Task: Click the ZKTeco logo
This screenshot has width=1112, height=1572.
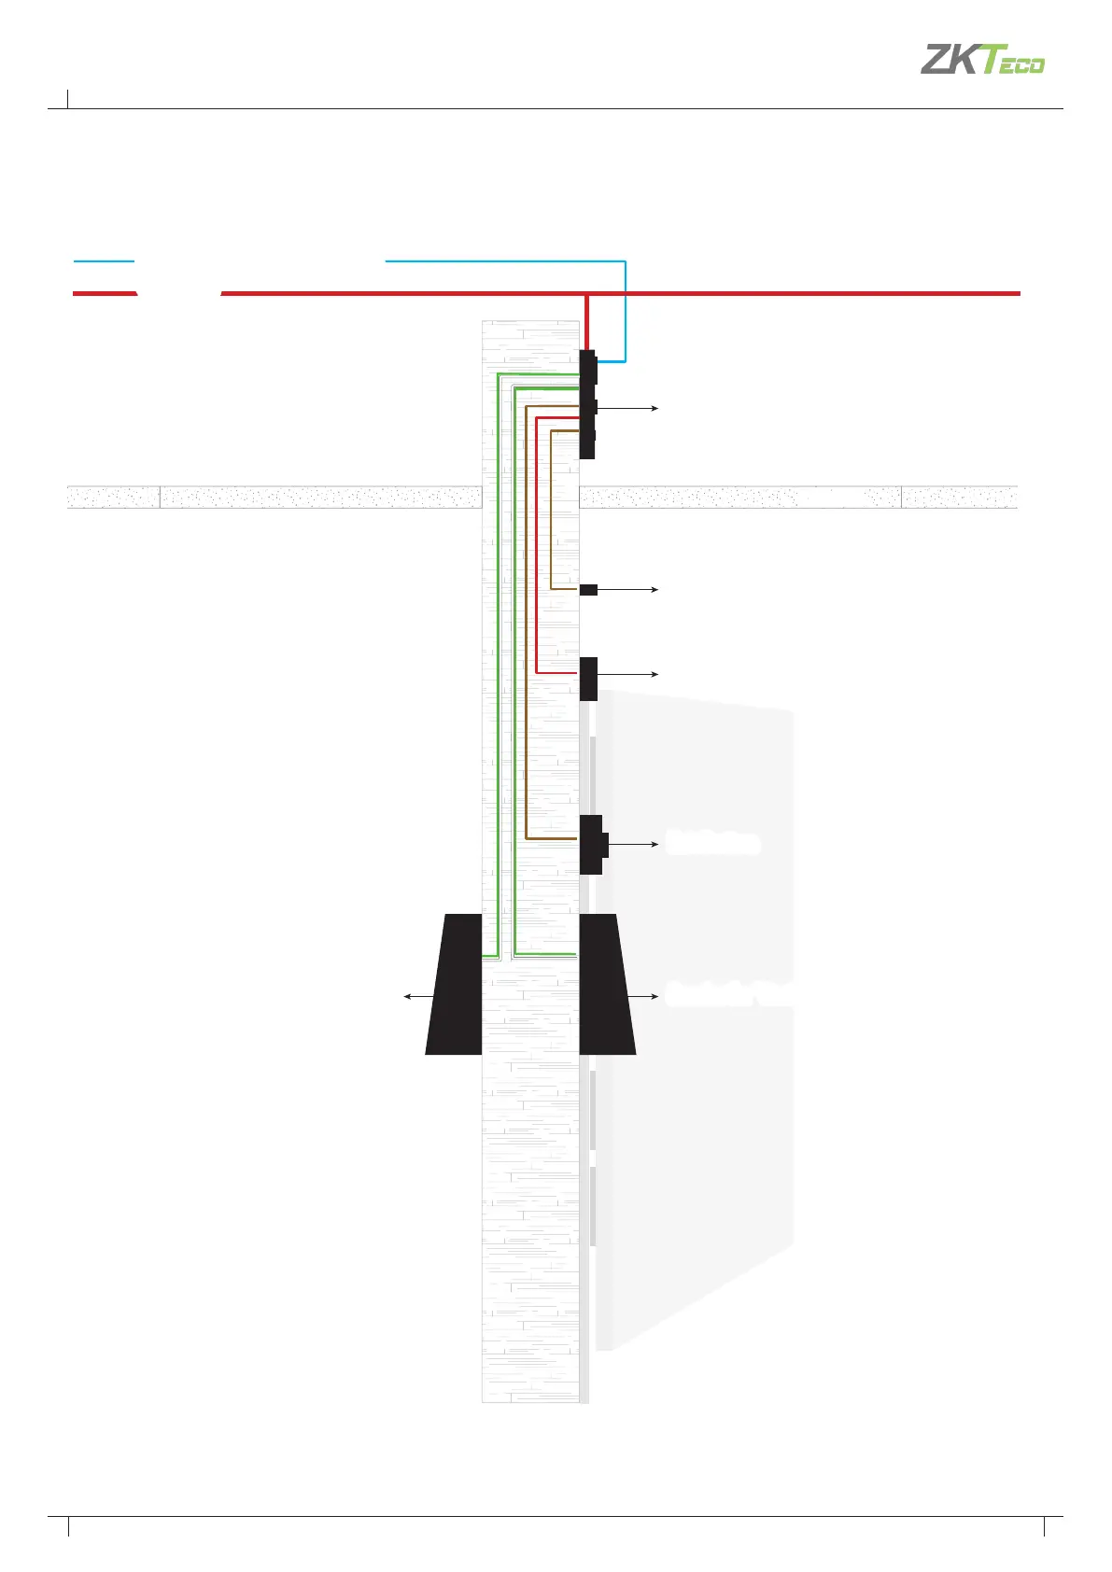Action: pyautogui.click(x=982, y=60)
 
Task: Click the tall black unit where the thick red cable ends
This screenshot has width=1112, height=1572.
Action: pyautogui.click(x=587, y=404)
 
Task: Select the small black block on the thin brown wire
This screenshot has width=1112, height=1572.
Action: pyautogui.click(x=588, y=590)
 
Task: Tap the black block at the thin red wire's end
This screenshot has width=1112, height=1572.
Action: pyautogui.click(x=588, y=679)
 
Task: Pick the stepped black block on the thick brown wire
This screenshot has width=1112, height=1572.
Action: pyautogui.click(x=592, y=844)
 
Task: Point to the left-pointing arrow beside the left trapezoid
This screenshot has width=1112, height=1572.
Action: pyautogui.click(x=416, y=997)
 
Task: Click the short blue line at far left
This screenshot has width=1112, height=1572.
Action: pyautogui.click(x=104, y=261)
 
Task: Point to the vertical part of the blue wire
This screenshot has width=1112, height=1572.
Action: pyautogui.click(x=625, y=313)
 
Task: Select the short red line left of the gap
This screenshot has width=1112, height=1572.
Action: pyautogui.click(x=105, y=294)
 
